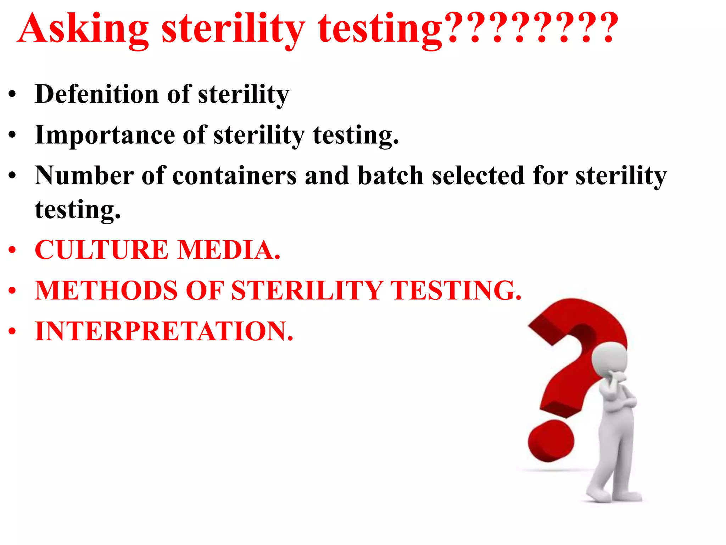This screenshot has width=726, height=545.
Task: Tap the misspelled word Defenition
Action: [x=97, y=94]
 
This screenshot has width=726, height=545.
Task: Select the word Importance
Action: [x=105, y=135]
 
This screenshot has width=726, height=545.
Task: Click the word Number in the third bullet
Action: [x=84, y=176]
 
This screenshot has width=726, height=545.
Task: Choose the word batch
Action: [x=391, y=176]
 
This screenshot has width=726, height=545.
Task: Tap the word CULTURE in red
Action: [x=101, y=250]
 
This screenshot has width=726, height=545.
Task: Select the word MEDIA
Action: [x=229, y=250]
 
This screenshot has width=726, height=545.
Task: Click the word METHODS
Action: [x=106, y=291]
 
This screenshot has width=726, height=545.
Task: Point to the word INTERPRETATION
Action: [x=164, y=331]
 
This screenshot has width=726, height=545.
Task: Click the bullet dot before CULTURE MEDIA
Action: [x=12, y=250]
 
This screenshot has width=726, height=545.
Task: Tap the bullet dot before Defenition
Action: [x=12, y=95]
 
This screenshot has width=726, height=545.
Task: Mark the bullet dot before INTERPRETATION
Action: [x=12, y=331]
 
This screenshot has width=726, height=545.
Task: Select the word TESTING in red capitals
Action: [x=456, y=291]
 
